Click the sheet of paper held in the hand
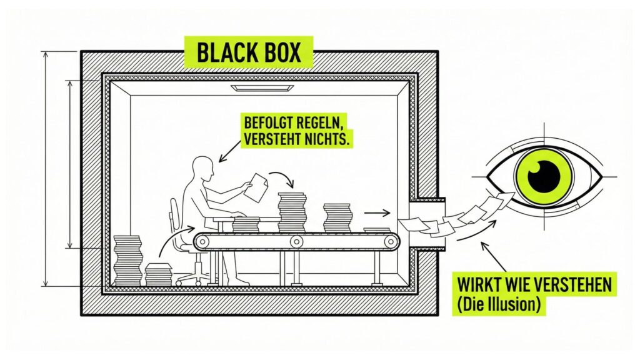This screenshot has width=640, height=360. (x=256, y=187)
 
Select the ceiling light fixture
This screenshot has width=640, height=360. (x=261, y=88)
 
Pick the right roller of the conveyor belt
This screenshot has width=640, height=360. (x=390, y=241)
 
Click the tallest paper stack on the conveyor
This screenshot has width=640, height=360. (x=292, y=212)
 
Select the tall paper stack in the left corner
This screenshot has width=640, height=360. (x=127, y=260)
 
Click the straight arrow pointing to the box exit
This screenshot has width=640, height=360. (x=377, y=213)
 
